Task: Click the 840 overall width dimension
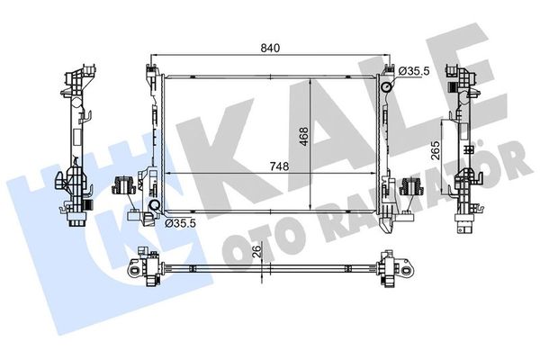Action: click(x=270, y=49)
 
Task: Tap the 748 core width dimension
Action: click(x=279, y=166)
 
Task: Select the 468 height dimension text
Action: click(x=304, y=137)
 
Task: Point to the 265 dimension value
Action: click(x=436, y=150)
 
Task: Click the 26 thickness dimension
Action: click(x=257, y=251)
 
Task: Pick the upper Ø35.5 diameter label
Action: click(x=414, y=71)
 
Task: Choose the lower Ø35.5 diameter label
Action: click(x=180, y=223)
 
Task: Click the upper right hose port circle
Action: click(x=386, y=86)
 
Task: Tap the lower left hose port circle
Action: click(x=154, y=205)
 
